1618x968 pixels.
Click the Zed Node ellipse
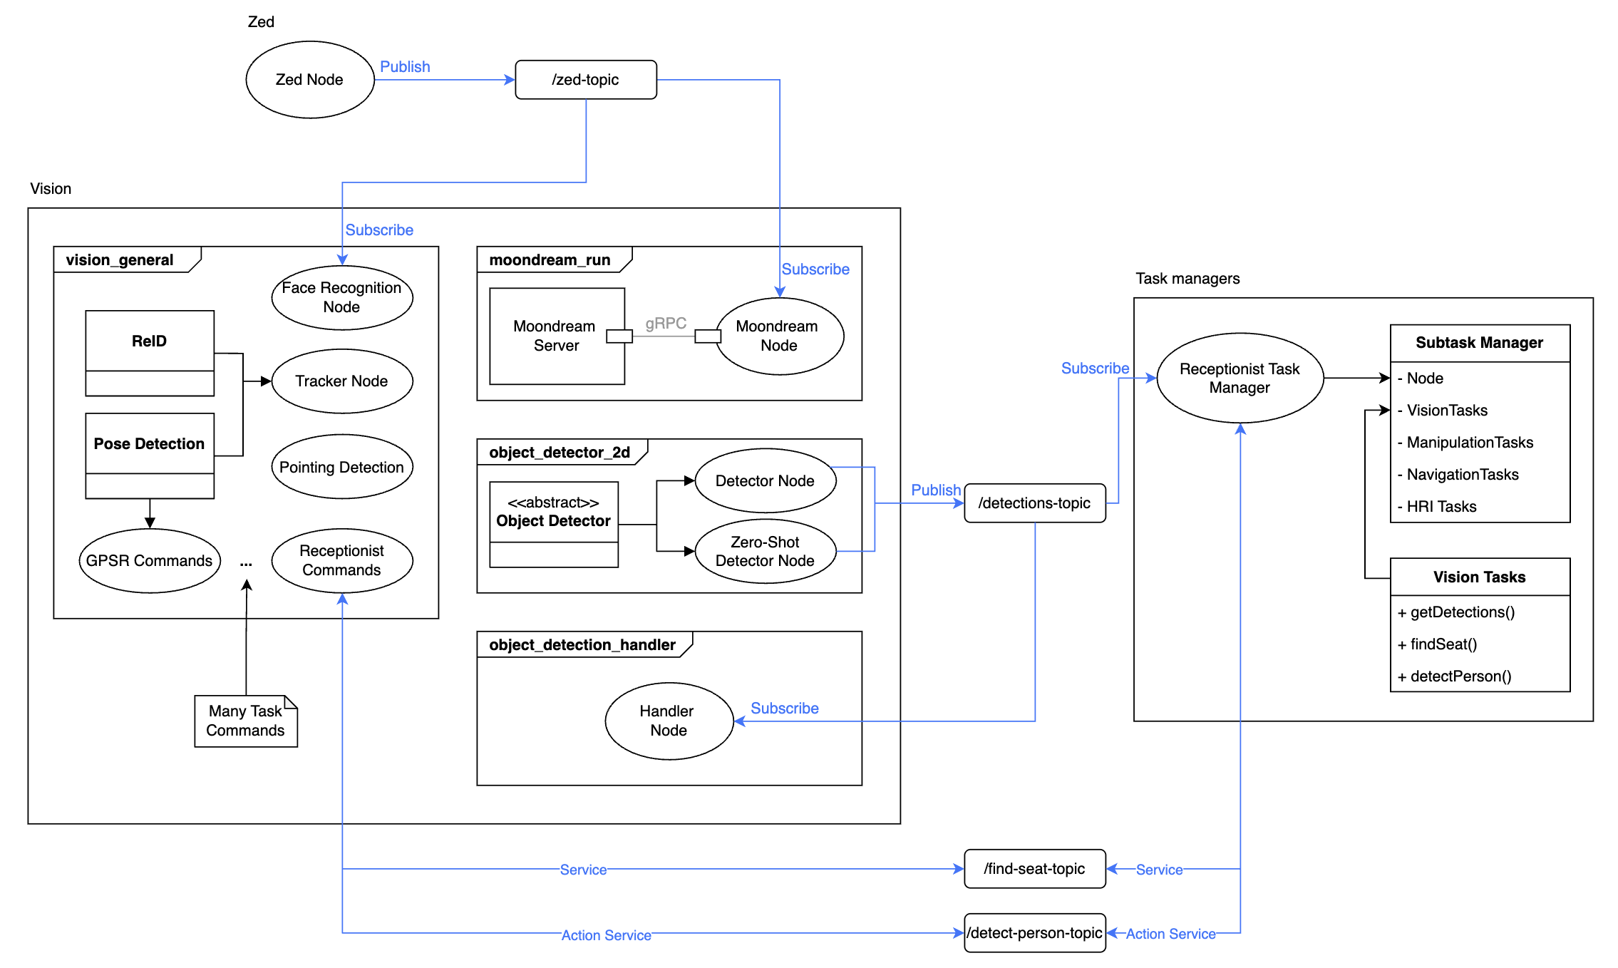(x=309, y=80)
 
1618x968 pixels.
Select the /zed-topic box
(x=585, y=80)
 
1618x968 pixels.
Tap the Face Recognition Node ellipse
(x=341, y=297)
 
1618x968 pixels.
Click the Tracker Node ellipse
(x=341, y=381)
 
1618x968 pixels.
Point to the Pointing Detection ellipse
(x=341, y=467)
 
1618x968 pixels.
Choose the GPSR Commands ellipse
(x=149, y=561)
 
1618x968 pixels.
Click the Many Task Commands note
(x=245, y=721)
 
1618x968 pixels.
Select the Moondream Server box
(x=556, y=336)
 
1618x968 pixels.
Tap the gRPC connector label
(x=666, y=324)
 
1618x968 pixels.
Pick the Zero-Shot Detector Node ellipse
(x=765, y=551)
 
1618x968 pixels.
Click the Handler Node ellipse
(x=668, y=721)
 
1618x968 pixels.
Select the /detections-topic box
(x=1034, y=503)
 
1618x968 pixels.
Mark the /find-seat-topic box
(x=1034, y=869)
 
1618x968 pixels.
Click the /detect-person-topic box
(x=1034, y=933)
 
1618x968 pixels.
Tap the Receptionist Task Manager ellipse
(x=1240, y=379)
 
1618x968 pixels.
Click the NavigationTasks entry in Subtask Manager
(x=1462, y=475)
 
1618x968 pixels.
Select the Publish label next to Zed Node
(x=405, y=67)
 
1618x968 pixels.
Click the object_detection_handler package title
(x=582, y=645)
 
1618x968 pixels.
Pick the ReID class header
(x=149, y=341)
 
